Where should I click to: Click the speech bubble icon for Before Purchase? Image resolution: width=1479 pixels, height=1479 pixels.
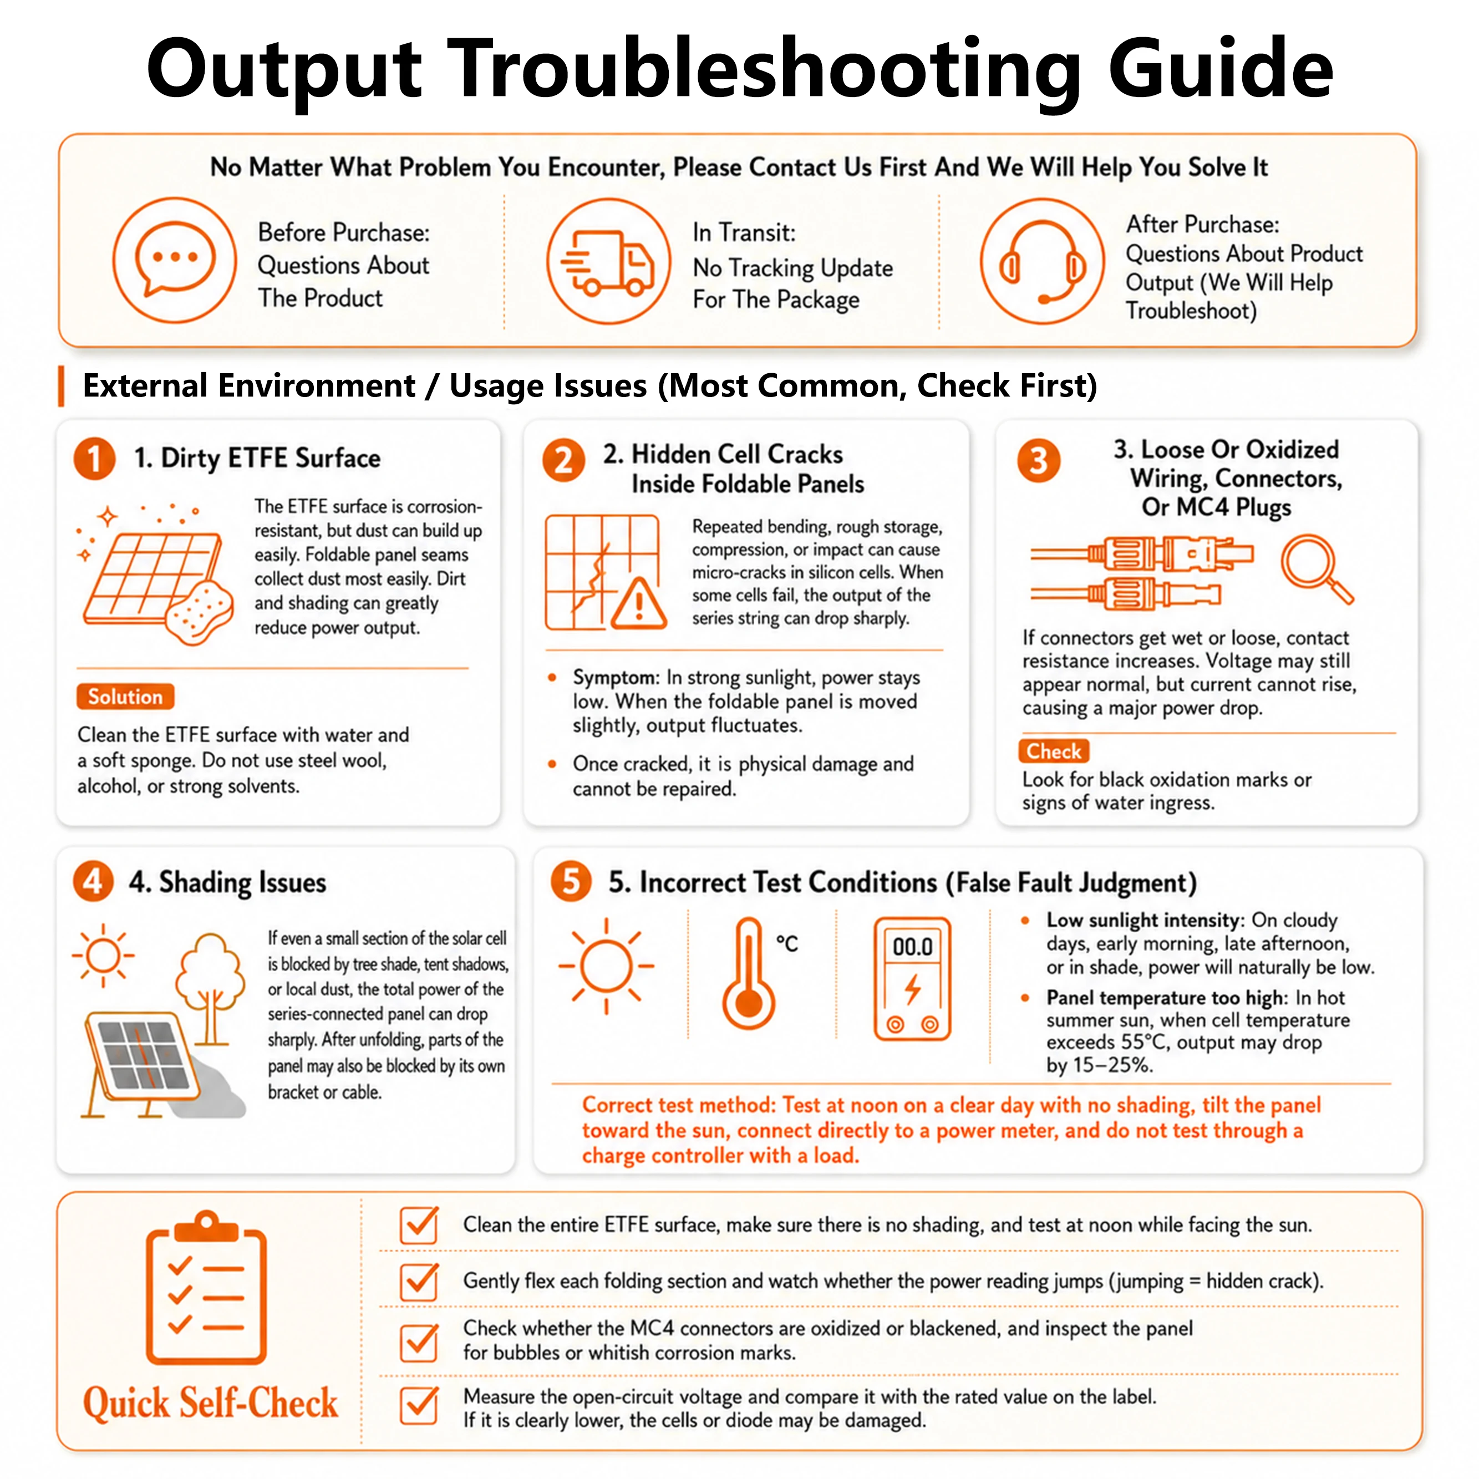pyautogui.click(x=175, y=260)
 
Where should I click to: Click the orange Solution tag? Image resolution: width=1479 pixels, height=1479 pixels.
pyautogui.click(x=125, y=697)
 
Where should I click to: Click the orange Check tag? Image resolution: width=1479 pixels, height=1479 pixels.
pyautogui.click(x=1053, y=751)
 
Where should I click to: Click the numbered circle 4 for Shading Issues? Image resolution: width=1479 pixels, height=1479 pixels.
pyautogui.click(x=93, y=882)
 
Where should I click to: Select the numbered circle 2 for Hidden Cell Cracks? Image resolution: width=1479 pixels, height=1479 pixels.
pyautogui.click(x=564, y=461)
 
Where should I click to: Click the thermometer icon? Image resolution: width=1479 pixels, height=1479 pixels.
pyautogui.click(x=749, y=973)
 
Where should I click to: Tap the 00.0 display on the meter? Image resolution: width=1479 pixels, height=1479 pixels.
pyautogui.click(x=912, y=947)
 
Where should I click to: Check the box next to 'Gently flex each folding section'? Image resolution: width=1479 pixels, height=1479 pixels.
pyautogui.click(x=419, y=1280)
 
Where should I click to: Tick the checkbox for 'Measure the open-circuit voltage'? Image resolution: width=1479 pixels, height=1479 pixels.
pyautogui.click(x=419, y=1405)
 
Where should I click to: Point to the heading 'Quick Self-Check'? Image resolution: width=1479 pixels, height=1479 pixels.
pyautogui.click(x=211, y=1403)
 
